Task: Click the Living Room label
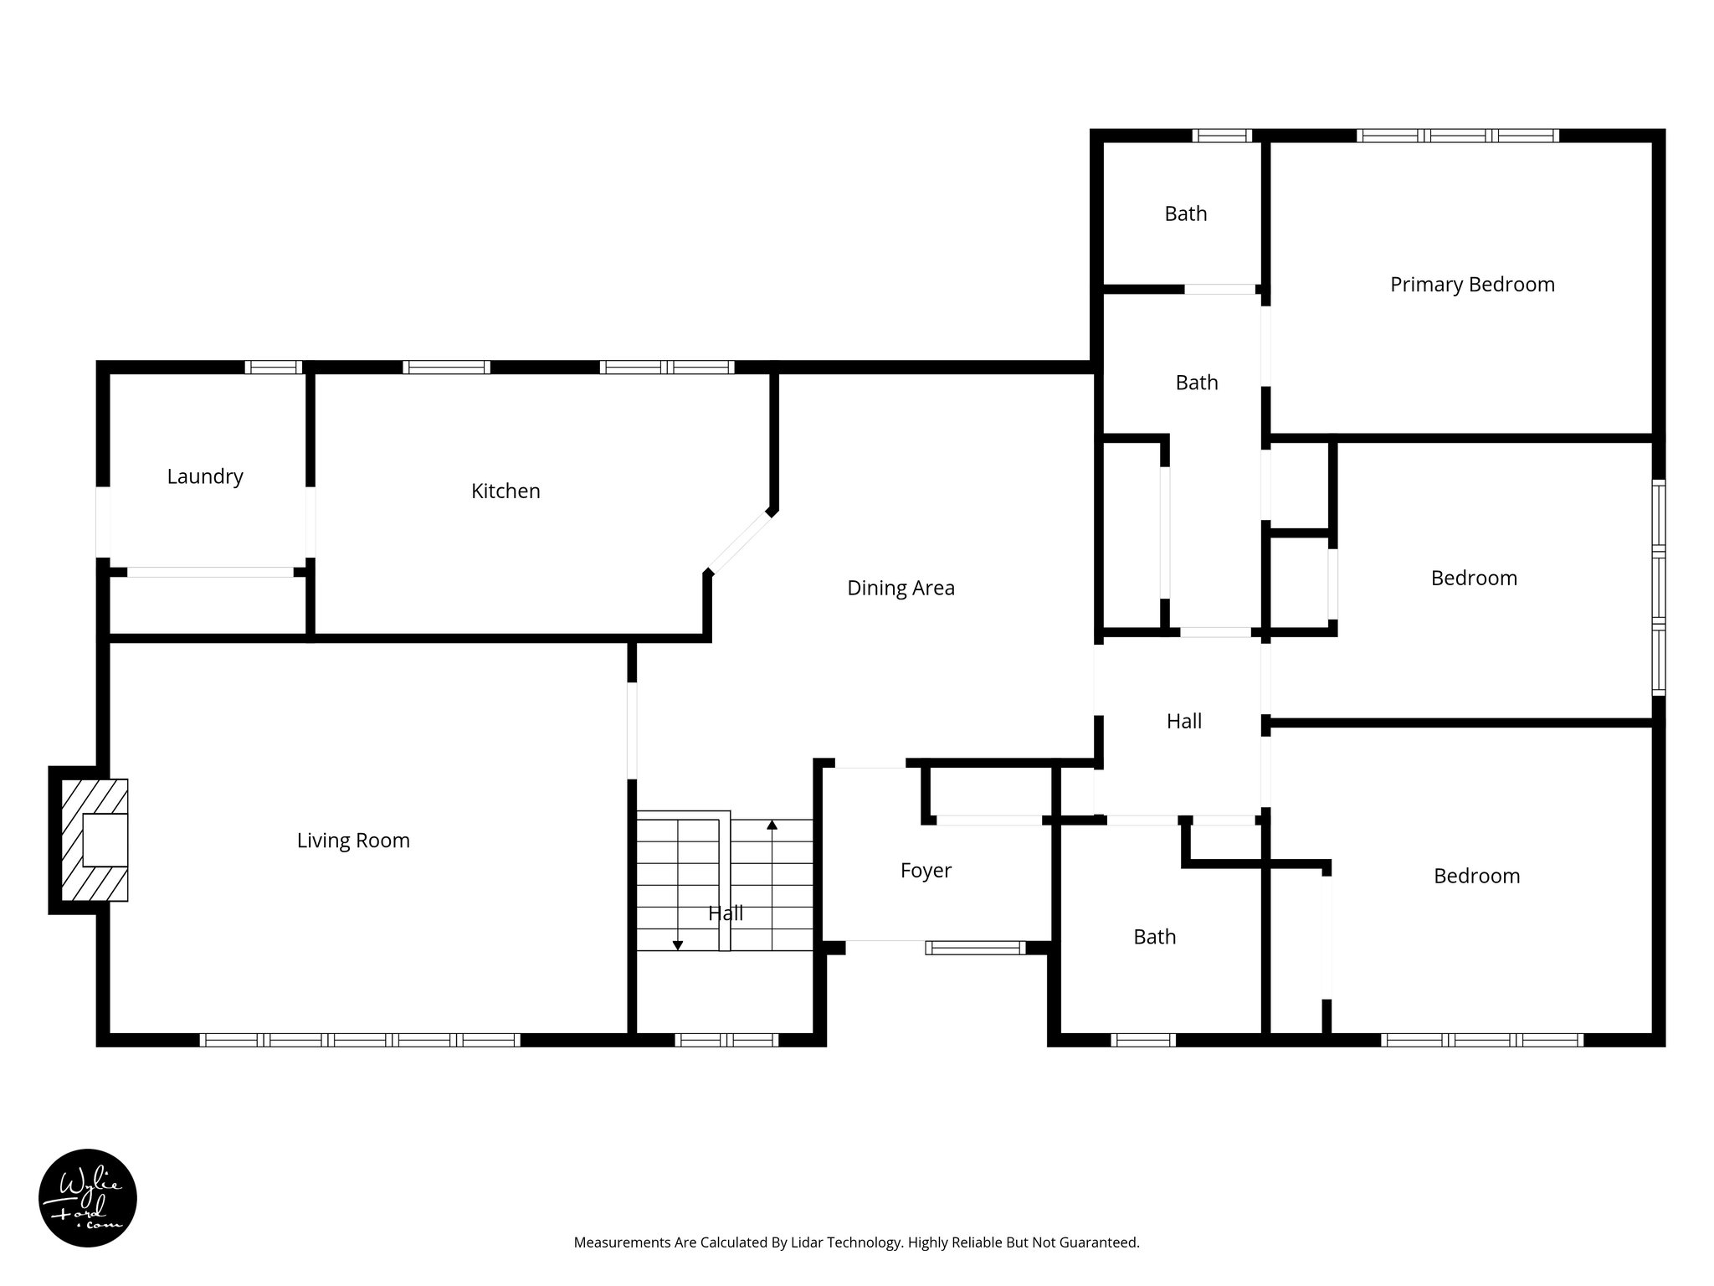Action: coord(353,841)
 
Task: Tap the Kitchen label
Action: coord(505,491)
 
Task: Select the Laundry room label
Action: coord(205,477)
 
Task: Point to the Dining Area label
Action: coord(901,588)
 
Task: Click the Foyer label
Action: coord(926,871)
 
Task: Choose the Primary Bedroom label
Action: coord(1472,285)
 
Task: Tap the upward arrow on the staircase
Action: coord(772,826)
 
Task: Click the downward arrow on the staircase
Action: coord(678,944)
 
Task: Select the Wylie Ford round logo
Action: coord(88,1198)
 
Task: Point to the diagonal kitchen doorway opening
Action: coord(740,542)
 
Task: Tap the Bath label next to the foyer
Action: coord(1154,937)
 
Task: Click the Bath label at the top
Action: coord(1186,214)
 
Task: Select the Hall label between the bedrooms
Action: coord(1184,722)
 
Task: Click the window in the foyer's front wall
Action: coord(976,948)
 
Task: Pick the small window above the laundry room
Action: coord(274,367)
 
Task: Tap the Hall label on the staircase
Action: coord(726,913)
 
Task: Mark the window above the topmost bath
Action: coord(1222,136)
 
